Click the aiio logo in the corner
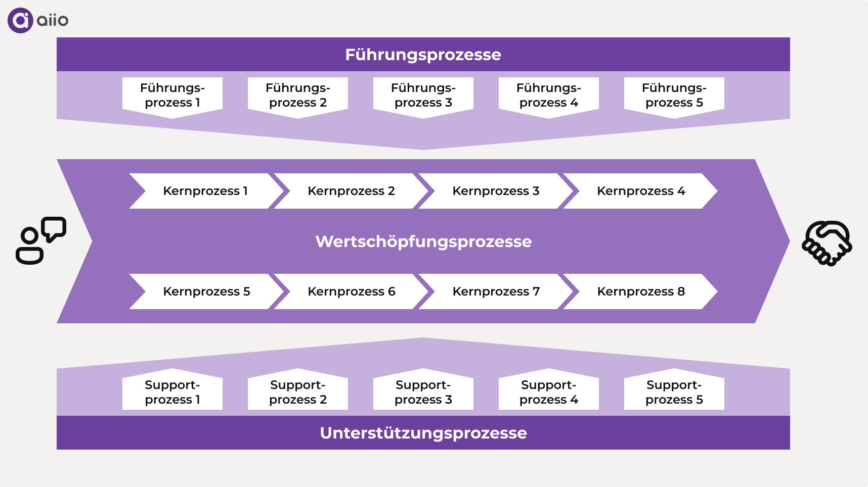click(37, 21)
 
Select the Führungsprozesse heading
click(423, 55)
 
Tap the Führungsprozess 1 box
click(172, 95)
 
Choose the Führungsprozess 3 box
click(423, 95)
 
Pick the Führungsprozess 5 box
click(674, 95)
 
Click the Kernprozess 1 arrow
click(205, 191)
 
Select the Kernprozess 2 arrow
click(351, 191)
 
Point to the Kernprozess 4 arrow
click(640, 191)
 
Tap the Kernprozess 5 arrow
click(206, 291)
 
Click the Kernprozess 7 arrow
click(496, 291)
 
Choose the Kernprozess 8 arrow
click(640, 291)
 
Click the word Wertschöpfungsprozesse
click(423, 241)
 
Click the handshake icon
click(827, 243)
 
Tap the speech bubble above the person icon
click(54, 229)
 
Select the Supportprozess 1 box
click(172, 392)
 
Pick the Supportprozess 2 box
click(298, 392)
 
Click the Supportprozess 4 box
click(548, 392)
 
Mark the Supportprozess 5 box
click(674, 392)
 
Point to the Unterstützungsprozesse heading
click(423, 433)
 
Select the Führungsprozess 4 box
click(548, 95)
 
